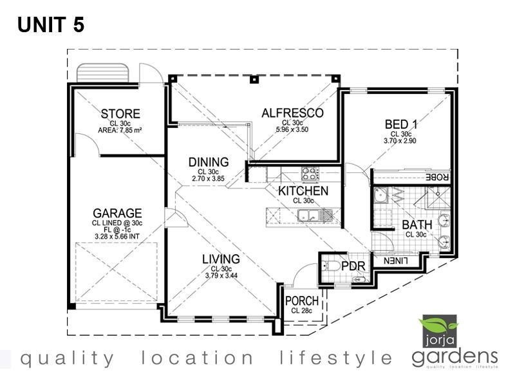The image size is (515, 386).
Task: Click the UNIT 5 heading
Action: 51,25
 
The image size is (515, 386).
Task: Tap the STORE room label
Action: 120,115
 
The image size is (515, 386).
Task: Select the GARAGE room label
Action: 117,213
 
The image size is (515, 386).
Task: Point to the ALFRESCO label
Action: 292,113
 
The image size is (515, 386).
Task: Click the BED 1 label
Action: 400,124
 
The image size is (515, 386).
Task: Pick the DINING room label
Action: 209,162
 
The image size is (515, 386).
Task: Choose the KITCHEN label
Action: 303,191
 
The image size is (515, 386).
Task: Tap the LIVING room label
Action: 221,259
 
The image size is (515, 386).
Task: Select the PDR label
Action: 353,266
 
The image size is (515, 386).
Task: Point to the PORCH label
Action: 301,301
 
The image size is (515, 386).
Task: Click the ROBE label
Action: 438,178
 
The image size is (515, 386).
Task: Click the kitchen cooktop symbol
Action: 310,172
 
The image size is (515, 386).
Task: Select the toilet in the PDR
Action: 332,266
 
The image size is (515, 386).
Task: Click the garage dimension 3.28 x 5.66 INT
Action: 117,237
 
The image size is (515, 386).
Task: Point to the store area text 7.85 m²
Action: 120,129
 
